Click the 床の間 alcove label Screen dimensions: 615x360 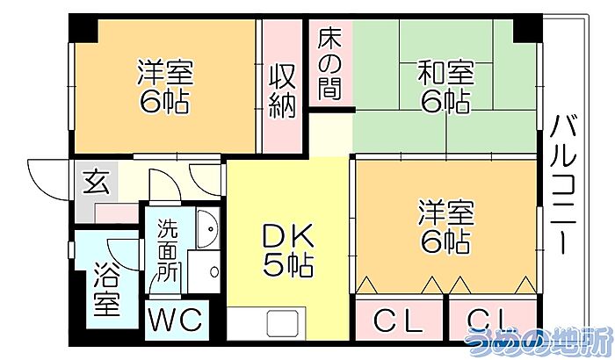[x=329, y=64]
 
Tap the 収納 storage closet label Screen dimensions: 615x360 [x=282, y=92]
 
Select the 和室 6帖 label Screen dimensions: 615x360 [x=445, y=87]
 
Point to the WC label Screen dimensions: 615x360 [x=176, y=320]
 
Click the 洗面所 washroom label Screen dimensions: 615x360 [x=169, y=250]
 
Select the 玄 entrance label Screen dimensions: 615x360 [x=96, y=182]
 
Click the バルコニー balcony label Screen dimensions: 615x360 [x=564, y=184]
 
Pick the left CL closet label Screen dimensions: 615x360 [x=399, y=320]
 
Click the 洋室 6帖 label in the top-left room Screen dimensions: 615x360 [x=165, y=86]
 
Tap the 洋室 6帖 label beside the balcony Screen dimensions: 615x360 [x=445, y=227]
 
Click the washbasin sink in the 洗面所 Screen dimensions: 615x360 [x=208, y=229]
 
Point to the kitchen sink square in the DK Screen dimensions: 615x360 [x=280, y=323]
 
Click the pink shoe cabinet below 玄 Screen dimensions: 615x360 [x=117, y=213]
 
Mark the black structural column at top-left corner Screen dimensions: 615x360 [x=83, y=28]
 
